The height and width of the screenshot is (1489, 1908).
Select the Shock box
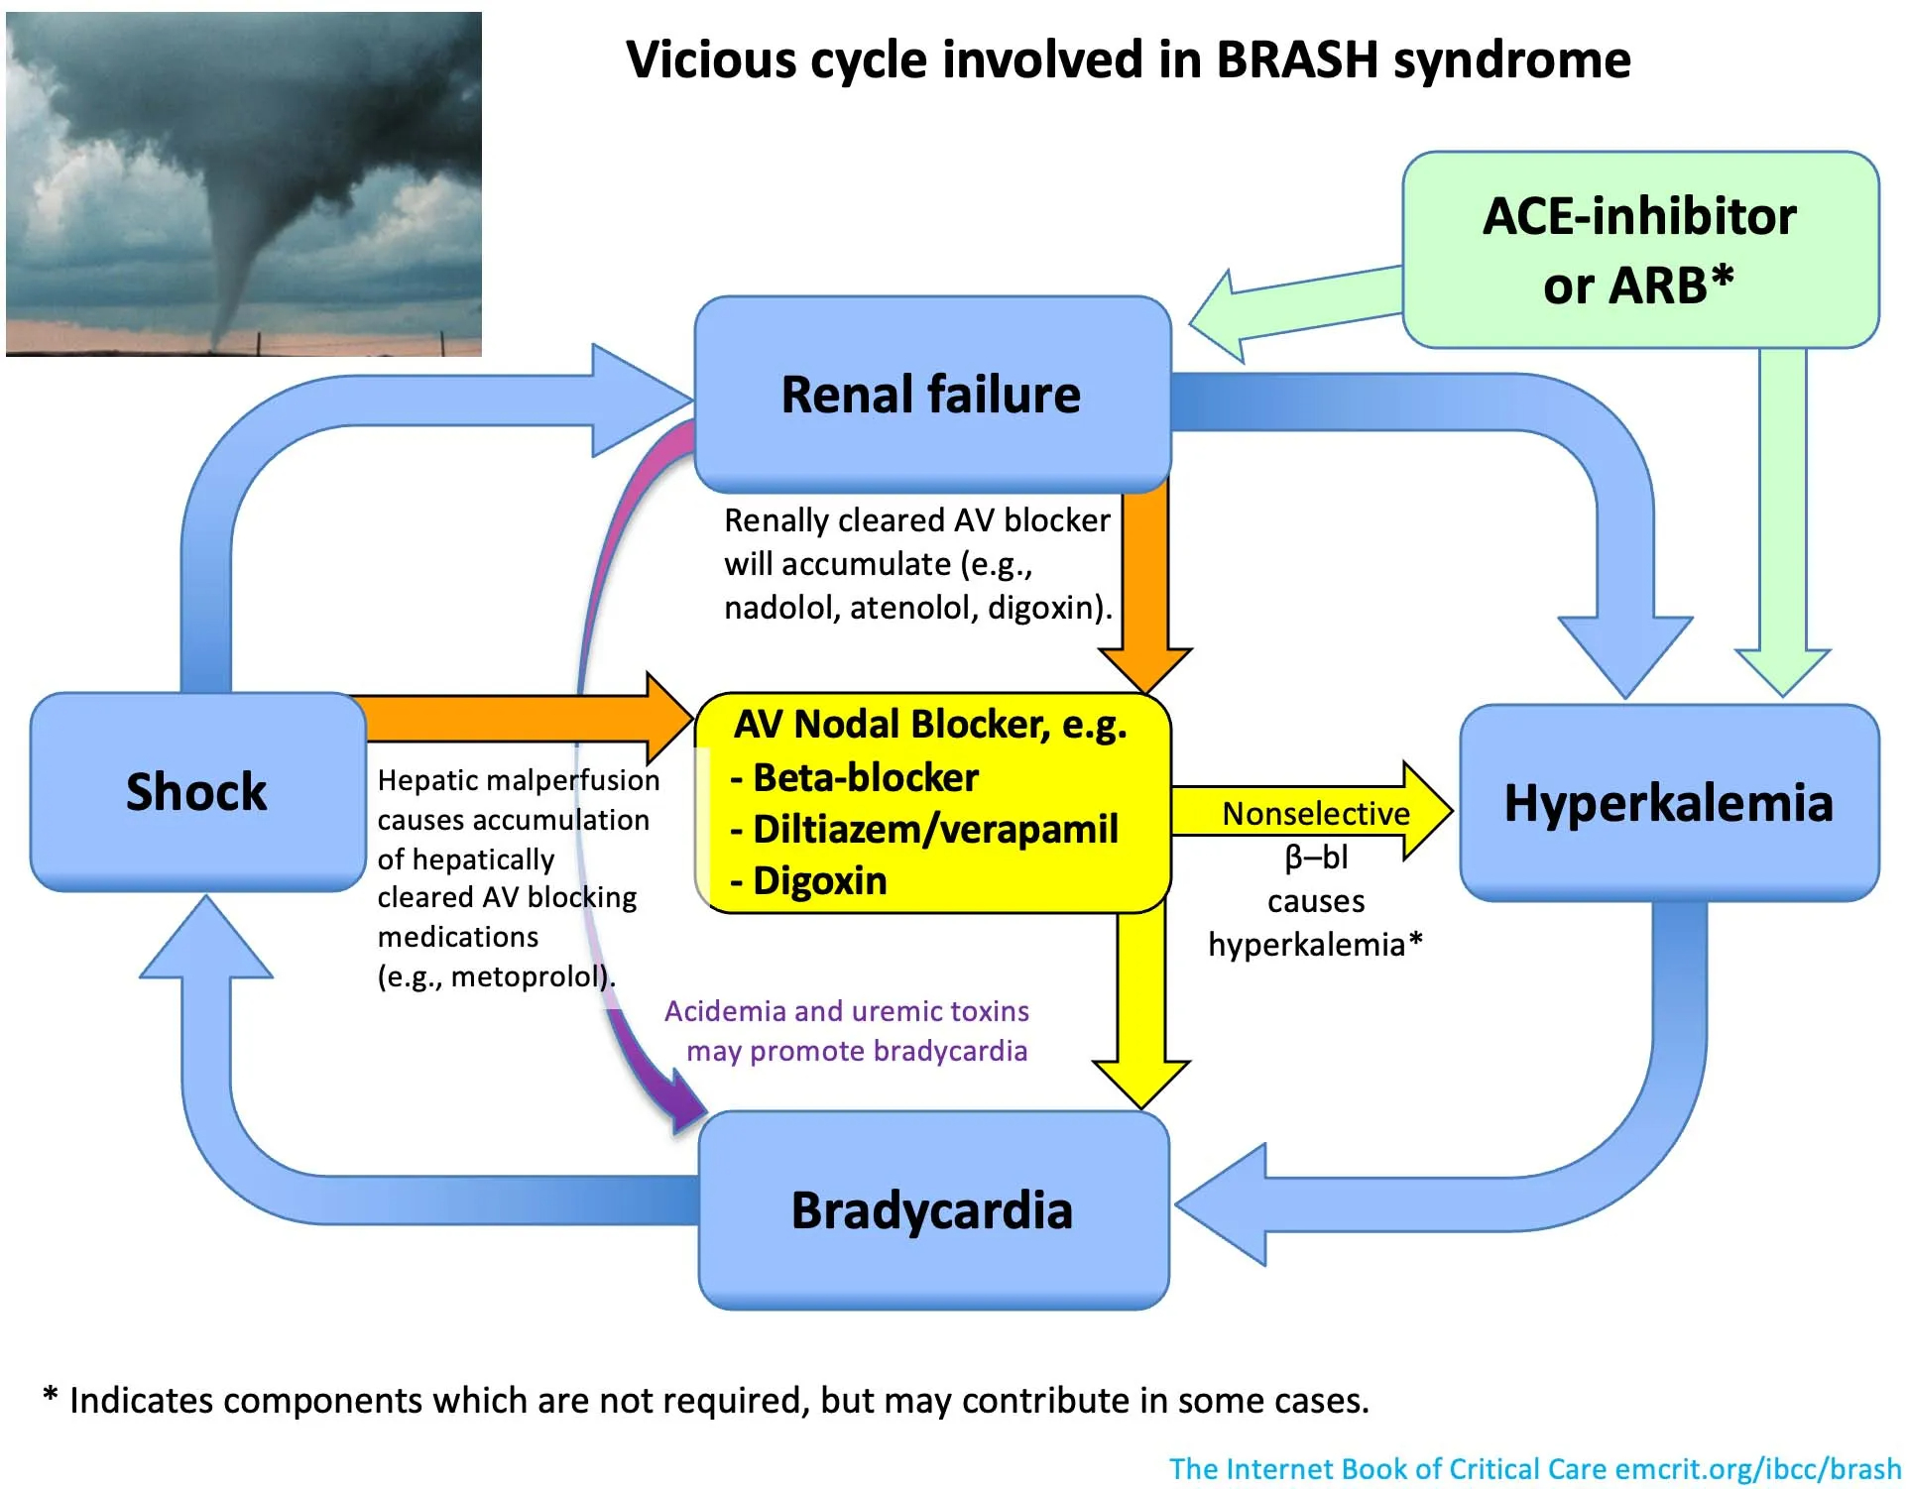coord(196,791)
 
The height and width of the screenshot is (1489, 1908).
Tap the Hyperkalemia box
coord(1668,802)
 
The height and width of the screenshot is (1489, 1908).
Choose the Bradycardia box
coord(932,1209)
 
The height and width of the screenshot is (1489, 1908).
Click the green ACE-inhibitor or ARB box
coord(1639,250)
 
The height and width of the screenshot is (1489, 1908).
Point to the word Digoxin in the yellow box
coord(819,880)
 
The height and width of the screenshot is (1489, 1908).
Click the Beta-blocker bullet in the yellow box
coord(865,777)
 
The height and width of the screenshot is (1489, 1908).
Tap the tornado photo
coord(244,184)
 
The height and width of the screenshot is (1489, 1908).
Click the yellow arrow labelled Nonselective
coord(1309,812)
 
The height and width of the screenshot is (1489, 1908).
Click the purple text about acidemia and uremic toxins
coord(849,1031)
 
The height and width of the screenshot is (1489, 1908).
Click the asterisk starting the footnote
coord(51,1397)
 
